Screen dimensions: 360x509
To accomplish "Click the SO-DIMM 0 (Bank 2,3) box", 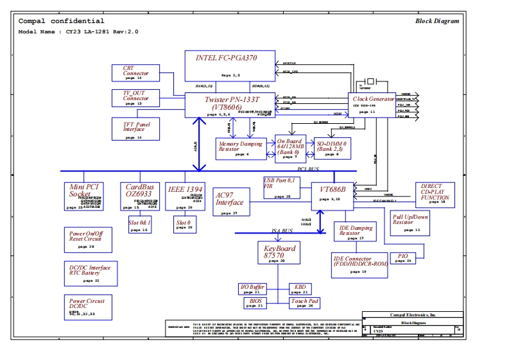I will (x=332, y=148).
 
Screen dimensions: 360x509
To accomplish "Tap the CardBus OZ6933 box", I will (x=139, y=196).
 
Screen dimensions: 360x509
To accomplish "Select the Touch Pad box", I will (x=304, y=302).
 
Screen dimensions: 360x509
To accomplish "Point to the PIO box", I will (x=403, y=257).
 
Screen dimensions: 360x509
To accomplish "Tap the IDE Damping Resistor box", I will (x=357, y=232).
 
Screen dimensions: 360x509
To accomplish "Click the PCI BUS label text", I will (x=307, y=169).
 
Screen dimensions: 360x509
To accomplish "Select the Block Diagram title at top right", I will (x=436, y=21).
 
